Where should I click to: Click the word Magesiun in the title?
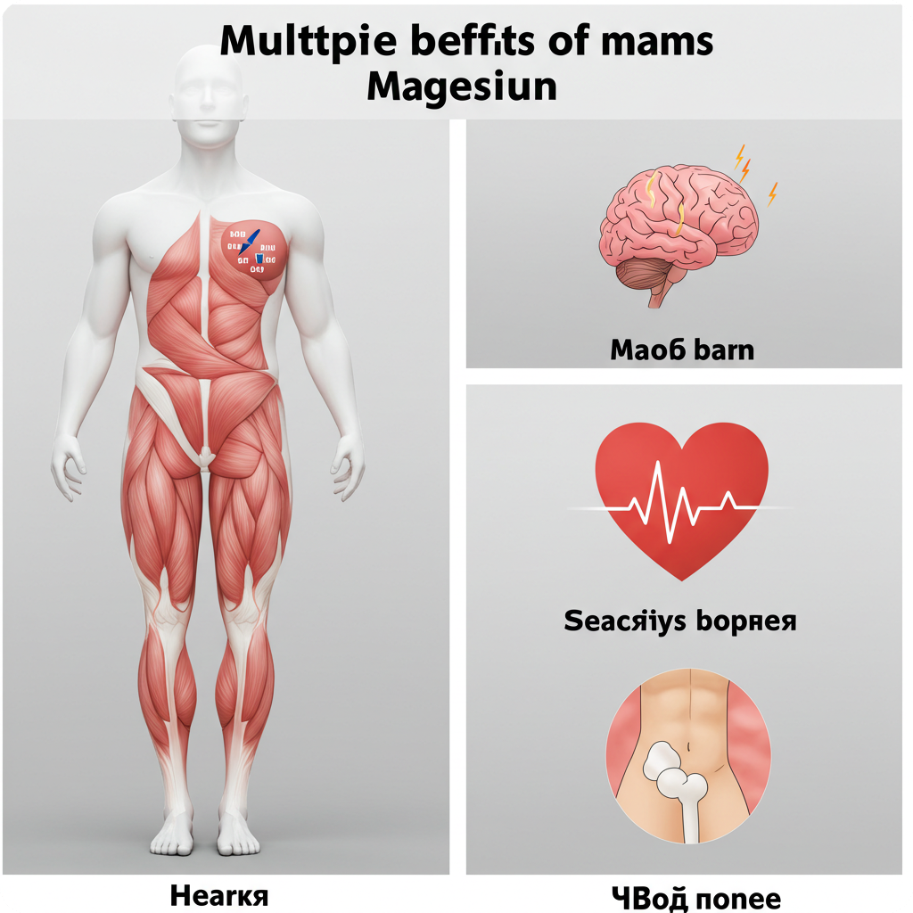[x=462, y=86]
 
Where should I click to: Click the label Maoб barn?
[x=682, y=350]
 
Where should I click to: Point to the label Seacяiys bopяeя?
[x=680, y=620]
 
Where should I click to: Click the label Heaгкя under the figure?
[x=218, y=894]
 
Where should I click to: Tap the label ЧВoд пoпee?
[x=696, y=896]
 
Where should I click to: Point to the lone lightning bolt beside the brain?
[x=772, y=192]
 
